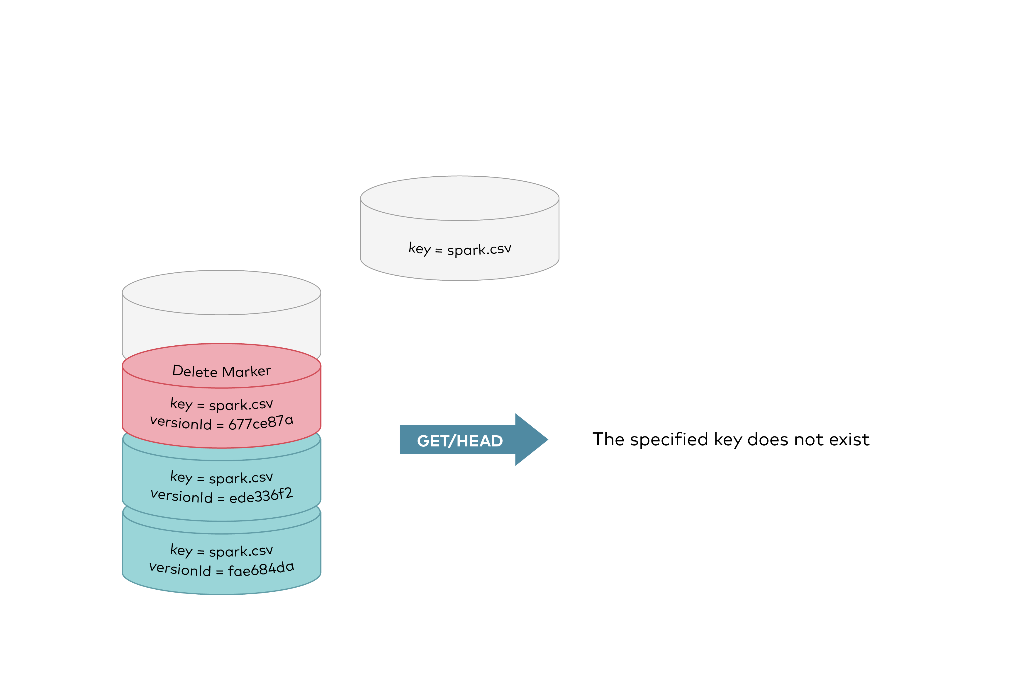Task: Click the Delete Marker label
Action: (x=221, y=371)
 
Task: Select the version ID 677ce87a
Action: (x=261, y=422)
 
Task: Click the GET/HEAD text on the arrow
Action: (x=460, y=441)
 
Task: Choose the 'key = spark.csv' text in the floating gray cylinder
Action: (x=460, y=249)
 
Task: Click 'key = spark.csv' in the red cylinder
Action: (x=221, y=404)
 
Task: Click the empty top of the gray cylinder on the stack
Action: (x=221, y=292)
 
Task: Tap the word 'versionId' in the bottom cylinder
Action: (x=180, y=569)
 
